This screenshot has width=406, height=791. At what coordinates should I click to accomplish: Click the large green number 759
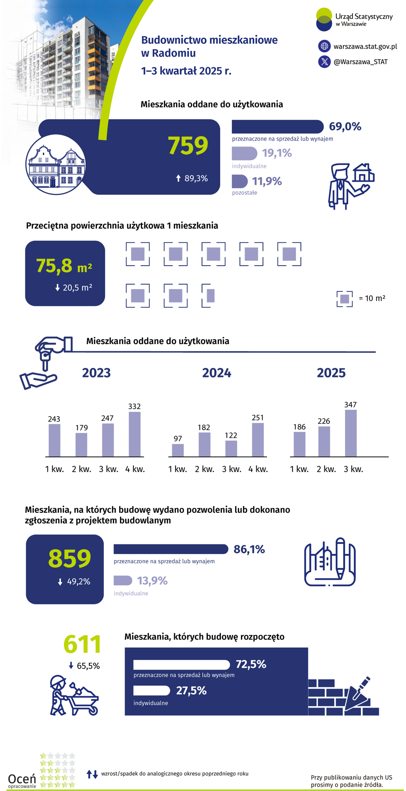click(x=188, y=145)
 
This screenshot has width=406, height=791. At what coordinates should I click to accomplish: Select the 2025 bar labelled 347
click(x=351, y=433)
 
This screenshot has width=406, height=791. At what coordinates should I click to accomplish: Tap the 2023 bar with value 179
click(x=81, y=445)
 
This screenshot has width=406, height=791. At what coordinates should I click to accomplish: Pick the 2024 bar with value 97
click(x=178, y=450)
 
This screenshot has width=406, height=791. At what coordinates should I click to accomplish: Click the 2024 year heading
click(x=217, y=373)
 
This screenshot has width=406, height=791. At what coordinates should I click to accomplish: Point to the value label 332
click(x=134, y=406)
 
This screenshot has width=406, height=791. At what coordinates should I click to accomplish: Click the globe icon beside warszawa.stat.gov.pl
click(x=324, y=46)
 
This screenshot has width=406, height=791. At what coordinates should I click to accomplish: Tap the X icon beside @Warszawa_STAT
click(x=324, y=62)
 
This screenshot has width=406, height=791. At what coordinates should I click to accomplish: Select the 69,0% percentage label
click(x=345, y=127)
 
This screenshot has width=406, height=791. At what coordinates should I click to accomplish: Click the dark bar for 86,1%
click(x=171, y=549)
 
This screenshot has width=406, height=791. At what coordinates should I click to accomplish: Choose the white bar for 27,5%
click(x=152, y=690)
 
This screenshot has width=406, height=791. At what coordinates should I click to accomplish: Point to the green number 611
click(x=82, y=644)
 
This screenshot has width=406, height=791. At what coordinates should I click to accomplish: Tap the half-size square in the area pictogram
click(x=210, y=296)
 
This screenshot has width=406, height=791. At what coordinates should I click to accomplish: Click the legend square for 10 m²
click(x=345, y=299)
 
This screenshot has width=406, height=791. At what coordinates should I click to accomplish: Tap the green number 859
click(x=69, y=558)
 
